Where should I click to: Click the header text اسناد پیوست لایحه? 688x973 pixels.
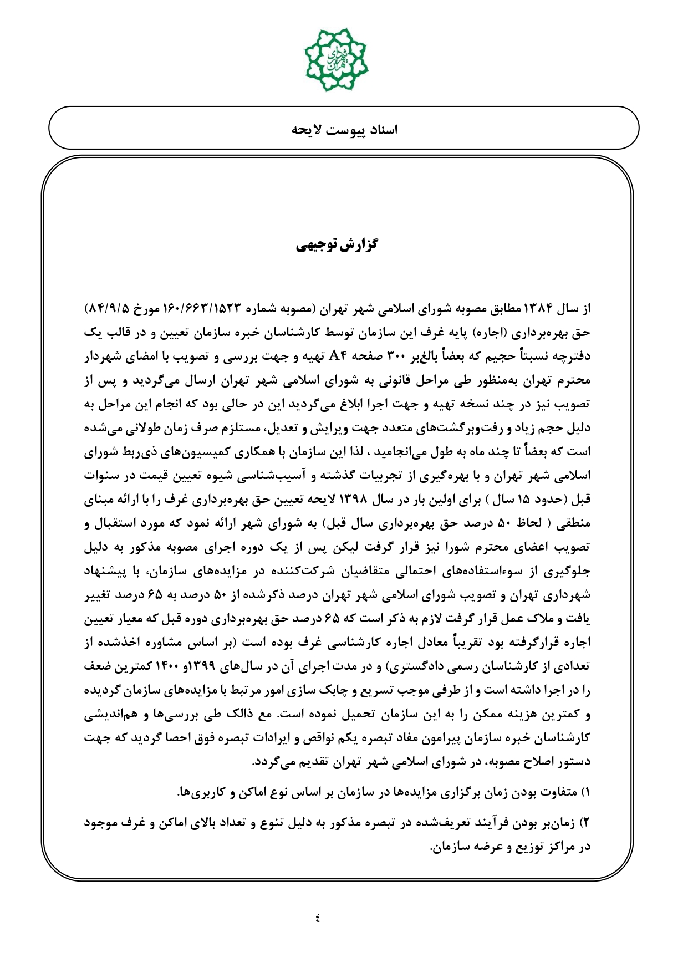(x=345, y=130)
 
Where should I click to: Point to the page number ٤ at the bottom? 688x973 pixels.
(x=318, y=918)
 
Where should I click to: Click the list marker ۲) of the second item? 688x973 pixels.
(x=584, y=823)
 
